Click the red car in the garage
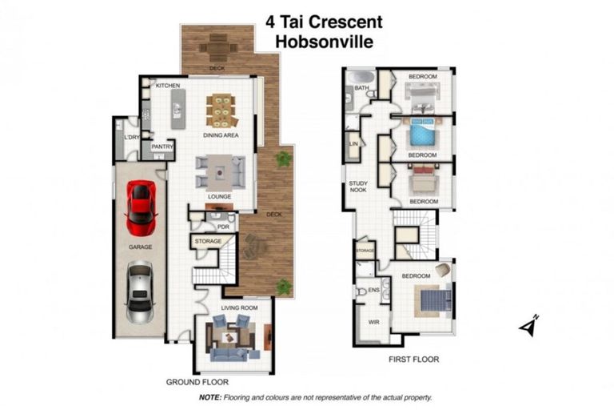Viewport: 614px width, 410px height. tap(142, 202)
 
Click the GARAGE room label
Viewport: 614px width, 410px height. tap(140, 247)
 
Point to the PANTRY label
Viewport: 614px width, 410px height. tap(162, 147)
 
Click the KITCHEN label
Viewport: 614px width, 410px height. tap(167, 85)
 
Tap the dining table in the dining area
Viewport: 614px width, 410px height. tap(221, 111)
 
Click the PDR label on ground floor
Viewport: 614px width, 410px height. tap(223, 227)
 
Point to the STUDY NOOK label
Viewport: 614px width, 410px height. tap(358, 187)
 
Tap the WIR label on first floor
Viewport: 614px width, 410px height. tap(373, 322)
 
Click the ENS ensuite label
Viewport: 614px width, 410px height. tap(373, 290)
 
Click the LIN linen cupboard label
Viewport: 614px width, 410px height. tap(353, 144)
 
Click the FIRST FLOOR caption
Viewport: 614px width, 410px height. tap(414, 360)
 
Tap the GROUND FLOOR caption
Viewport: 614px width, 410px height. tap(197, 382)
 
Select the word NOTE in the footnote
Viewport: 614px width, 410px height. tap(209, 396)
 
